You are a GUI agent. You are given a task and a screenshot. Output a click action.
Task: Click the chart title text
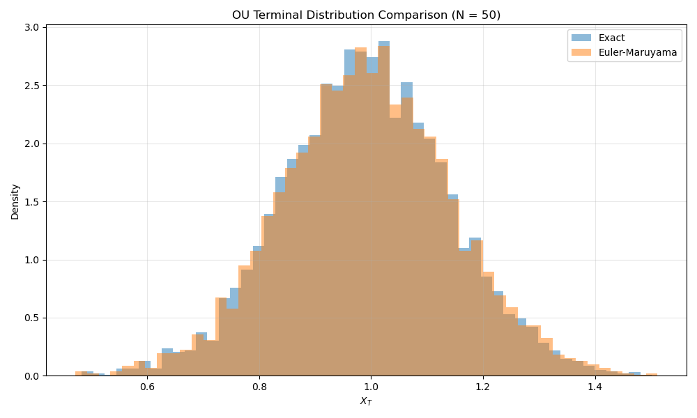click(366, 15)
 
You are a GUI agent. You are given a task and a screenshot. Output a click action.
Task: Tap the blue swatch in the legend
click(581, 38)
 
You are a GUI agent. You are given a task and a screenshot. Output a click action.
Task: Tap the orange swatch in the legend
click(581, 52)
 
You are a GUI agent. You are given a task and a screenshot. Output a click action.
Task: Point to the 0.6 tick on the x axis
click(147, 386)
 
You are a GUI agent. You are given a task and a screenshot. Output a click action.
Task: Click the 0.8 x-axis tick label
click(259, 386)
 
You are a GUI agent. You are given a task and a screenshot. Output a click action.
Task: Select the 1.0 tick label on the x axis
click(371, 386)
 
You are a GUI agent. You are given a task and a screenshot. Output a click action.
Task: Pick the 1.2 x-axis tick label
click(483, 386)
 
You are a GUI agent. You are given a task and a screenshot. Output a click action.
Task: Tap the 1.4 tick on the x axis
click(595, 386)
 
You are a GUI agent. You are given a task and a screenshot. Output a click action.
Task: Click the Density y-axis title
click(15, 201)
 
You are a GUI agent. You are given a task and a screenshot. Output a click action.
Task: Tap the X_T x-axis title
click(366, 401)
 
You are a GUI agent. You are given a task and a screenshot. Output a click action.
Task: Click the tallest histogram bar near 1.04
click(384, 209)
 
